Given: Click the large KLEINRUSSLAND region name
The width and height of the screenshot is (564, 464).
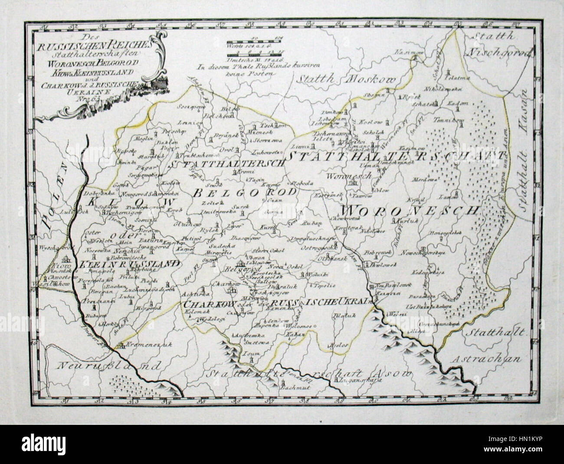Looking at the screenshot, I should click(x=129, y=263).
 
